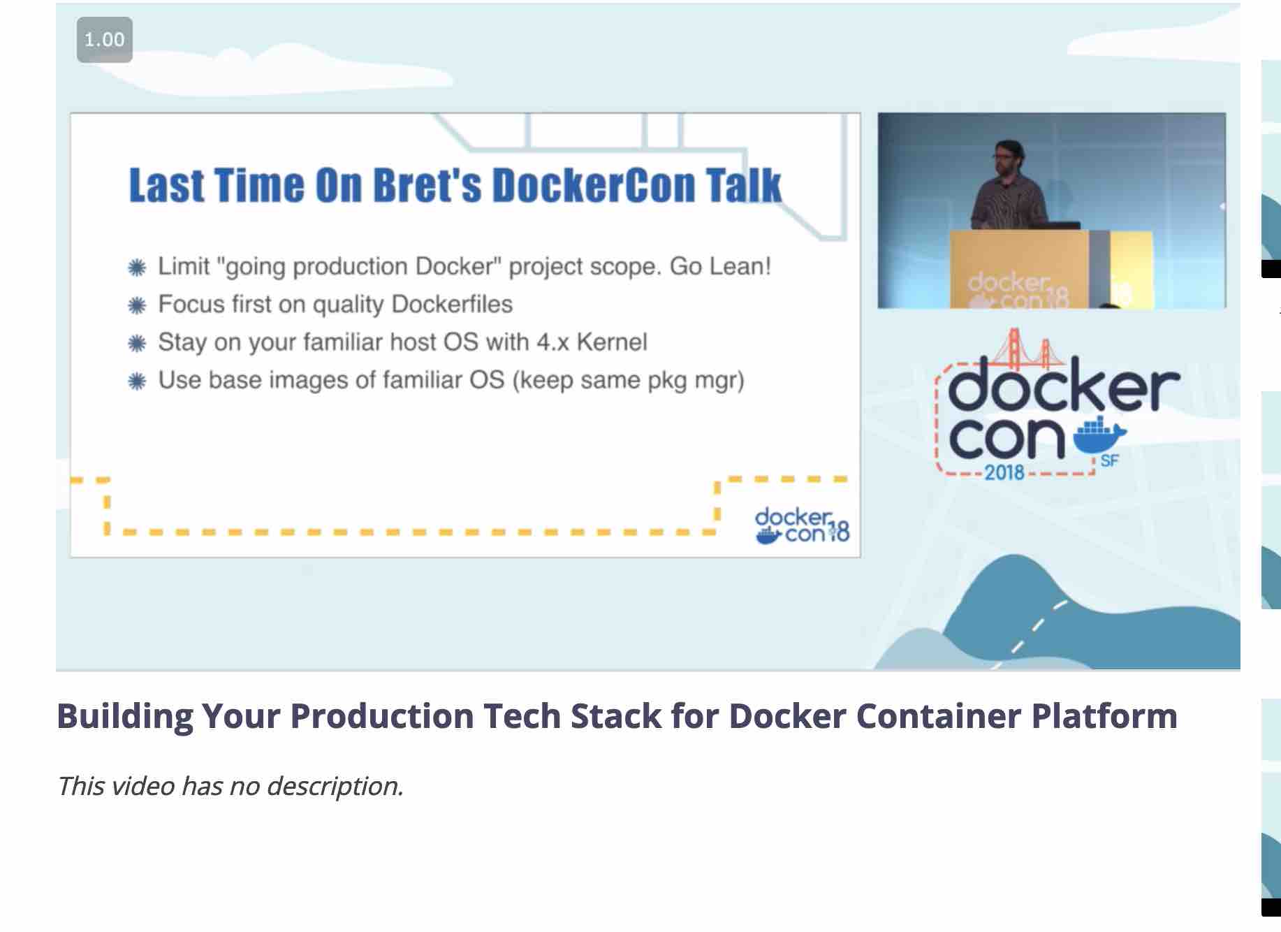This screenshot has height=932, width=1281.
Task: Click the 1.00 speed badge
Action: [105, 40]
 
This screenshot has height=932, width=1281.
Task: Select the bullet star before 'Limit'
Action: [138, 268]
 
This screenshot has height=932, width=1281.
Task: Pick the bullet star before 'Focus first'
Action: [138, 305]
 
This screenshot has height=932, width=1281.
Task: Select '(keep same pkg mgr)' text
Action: [628, 380]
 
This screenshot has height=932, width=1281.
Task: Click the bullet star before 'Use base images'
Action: [138, 381]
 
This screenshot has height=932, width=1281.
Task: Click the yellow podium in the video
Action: [1051, 269]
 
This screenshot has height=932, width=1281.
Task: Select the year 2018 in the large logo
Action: [1004, 472]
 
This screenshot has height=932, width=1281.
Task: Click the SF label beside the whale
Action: [1110, 461]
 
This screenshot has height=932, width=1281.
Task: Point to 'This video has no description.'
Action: [230, 786]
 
